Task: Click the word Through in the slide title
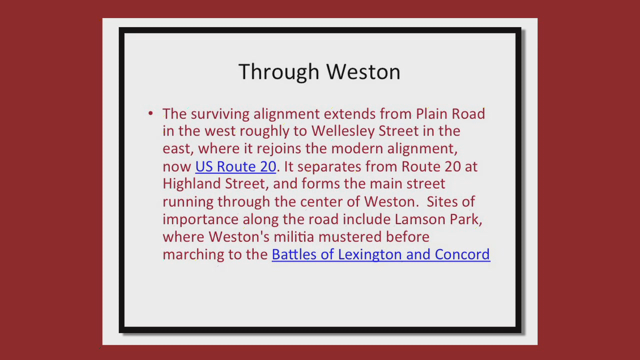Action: tap(279, 72)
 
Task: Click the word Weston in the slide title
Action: tap(363, 71)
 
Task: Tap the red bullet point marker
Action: tap(150, 113)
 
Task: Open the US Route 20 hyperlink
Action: tap(235, 166)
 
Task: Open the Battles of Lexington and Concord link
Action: tap(381, 254)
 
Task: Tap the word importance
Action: tap(200, 219)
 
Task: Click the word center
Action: tap(321, 202)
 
